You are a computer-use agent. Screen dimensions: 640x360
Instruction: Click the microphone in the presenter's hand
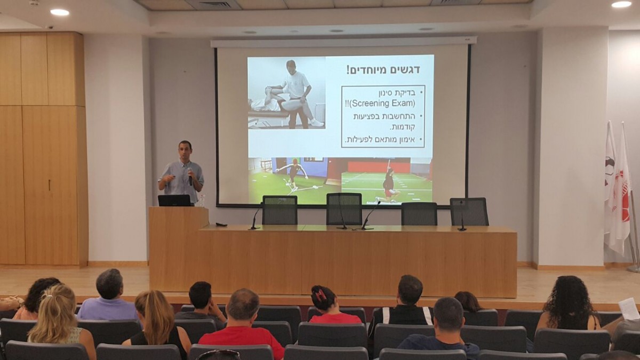190,178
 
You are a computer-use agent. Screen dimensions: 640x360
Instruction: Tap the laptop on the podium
174,201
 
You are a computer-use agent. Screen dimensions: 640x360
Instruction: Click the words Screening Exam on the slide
383,103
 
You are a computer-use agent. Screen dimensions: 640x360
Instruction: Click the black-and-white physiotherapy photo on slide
286,93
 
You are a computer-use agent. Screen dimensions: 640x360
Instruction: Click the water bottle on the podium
202,201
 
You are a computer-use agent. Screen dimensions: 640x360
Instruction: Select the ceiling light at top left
60,12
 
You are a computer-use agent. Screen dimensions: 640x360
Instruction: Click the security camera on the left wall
50,27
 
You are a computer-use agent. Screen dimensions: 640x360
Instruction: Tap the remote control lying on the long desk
221,225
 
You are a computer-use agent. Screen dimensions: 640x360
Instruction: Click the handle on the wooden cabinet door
49,185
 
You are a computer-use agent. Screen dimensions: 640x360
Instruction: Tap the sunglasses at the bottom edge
218,355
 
